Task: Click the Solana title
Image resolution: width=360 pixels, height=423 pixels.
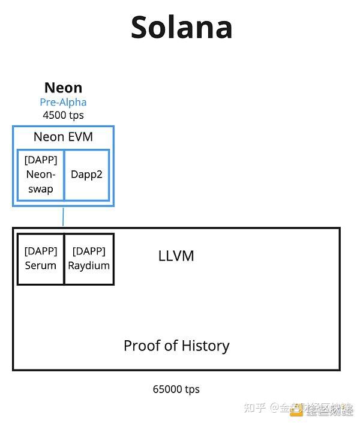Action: pyautogui.click(x=181, y=27)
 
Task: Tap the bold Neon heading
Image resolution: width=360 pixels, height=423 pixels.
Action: pyautogui.click(x=63, y=88)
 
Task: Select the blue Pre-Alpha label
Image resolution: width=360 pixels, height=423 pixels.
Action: pyautogui.click(x=63, y=102)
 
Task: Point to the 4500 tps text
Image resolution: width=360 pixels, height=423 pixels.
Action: pyautogui.click(x=63, y=115)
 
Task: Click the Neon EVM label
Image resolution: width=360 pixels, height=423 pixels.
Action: pyautogui.click(x=63, y=137)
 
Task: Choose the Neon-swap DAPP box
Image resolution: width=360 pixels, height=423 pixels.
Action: pyautogui.click(x=41, y=175)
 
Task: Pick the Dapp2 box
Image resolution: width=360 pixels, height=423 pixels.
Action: pyautogui.click(x=86, y=175)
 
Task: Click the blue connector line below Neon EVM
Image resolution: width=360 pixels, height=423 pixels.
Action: pyautogui.click(x=63, y=217)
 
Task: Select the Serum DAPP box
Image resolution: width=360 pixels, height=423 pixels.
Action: pyautogui.click(x=41, y=259)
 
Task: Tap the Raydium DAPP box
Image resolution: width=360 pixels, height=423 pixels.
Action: pyautogui.click(x=89, y=259)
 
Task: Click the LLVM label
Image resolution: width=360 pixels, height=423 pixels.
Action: pyautogui.click(x=176, y=256)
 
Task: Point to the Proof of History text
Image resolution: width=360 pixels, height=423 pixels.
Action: pyautogui.click(x=176, y=346)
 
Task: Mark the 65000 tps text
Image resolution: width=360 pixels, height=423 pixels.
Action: pyautogui.click(x=176, y=389)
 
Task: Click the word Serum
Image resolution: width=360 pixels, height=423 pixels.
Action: pyautogui.click(x=41, y=265)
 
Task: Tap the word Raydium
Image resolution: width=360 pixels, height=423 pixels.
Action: pyautogui.click(x=89, y=265)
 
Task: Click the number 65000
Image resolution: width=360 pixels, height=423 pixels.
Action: pyautogui.click(x=167, y=389)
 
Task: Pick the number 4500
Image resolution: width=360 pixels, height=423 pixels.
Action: pyautogui.click(x=55, y=115)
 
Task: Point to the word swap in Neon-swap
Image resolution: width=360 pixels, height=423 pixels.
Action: pyautogui.click(x=41, y=189)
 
